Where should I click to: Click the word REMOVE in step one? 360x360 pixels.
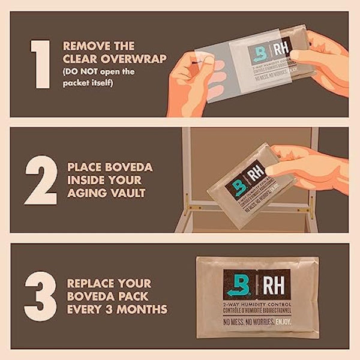pos(84,45)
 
